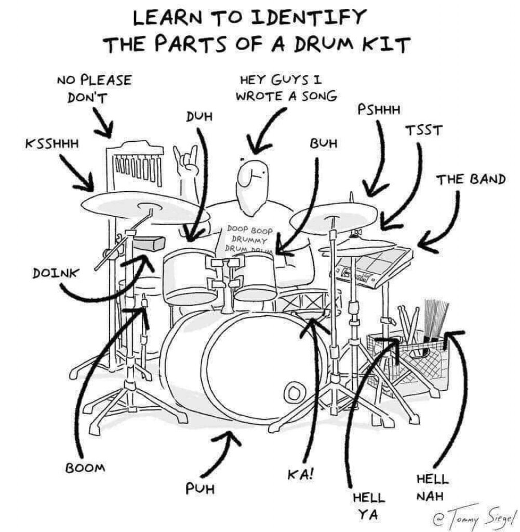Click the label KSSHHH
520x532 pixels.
coord(52,143)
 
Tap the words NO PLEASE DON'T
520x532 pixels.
coord(94,89)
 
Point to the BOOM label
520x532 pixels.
coord(85,467)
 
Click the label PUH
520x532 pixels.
coord(201,488)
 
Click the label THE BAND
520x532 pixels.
coord(471,180)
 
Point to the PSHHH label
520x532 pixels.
coord(379,110)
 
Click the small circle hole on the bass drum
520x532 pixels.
coord(294,391)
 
